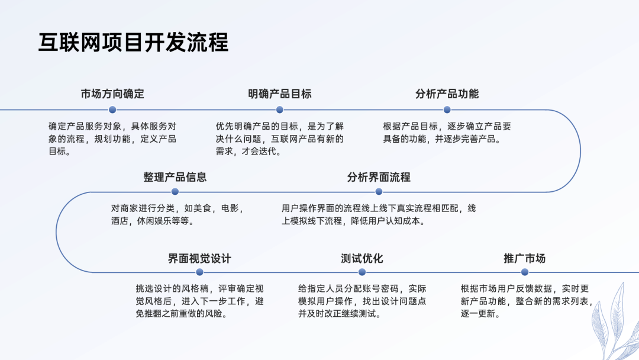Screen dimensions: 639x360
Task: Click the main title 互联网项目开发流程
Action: point(133,43)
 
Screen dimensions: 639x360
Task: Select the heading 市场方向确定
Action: point(112,94)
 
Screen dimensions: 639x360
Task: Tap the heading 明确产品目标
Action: point(280,94)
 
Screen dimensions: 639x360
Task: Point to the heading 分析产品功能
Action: point(447,94)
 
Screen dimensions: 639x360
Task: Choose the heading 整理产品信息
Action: point(175,177)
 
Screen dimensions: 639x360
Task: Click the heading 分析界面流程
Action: point(379,177)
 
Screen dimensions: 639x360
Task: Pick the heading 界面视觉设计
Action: point(199,258)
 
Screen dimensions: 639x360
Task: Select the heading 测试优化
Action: point(362,258)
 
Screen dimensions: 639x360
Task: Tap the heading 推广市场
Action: point(524,258)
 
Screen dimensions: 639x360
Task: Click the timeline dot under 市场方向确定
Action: point(112,110)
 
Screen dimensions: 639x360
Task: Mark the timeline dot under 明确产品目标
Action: point(280,110)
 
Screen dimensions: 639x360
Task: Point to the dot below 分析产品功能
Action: point(447,110)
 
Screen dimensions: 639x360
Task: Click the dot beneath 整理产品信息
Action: point(175,192)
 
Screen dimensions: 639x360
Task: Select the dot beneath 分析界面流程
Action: point(379,192)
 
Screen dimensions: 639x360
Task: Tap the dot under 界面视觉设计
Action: point(199,272)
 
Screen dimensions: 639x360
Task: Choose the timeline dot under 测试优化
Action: point(362,272)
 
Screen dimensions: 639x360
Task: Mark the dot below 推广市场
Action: point(524,272)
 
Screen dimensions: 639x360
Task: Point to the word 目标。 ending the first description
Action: point(60,152)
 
